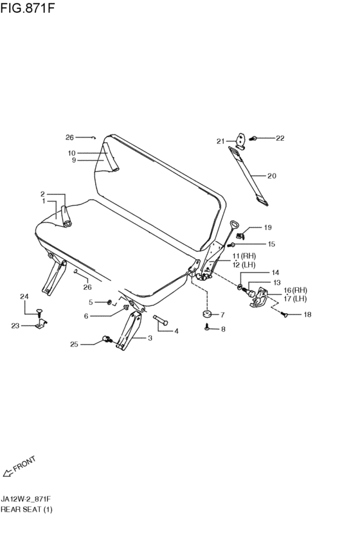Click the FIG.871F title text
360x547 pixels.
pyautogui.click(x=28, y=8)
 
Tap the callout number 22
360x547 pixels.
pyautogui.click(x=280, y=138)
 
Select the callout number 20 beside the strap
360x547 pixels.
pyautogui.click(x=271, y=176)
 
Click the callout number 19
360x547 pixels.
pyautogui.click(x=267, y=228)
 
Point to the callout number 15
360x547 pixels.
pyautogui.click(x=271, y=244)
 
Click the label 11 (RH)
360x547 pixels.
pyautogui.click(x=244, y=256)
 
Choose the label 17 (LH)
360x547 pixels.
pyautogui.click(x=295, y=299)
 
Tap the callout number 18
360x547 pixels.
pyautogui.click(x=307, y=315)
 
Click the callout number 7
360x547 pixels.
pyautogui.click(x=222, y=315)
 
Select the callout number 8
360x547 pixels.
pyautogui.click(x=223, y=329)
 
